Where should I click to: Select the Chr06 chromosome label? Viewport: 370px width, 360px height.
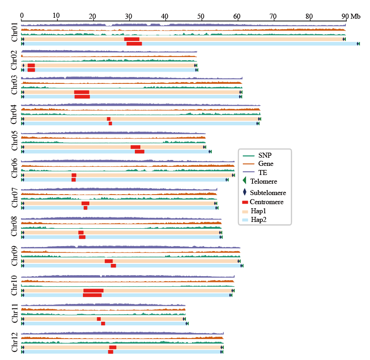pos(14,168)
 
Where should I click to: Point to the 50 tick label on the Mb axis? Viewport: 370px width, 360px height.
pos(201,16)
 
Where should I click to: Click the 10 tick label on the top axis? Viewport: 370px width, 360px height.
pos(56,16)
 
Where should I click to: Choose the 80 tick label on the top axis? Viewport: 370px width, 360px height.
pos(309,16)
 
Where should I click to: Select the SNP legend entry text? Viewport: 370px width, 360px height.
pos(265,155)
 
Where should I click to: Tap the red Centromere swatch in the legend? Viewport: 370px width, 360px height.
pos(245,202)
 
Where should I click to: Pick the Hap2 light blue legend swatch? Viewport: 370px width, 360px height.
pos(245,219)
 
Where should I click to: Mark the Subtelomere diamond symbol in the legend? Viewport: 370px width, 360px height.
pos(245,192)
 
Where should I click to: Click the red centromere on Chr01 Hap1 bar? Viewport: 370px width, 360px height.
pos(132,39)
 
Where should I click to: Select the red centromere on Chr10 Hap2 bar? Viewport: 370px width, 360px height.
pos(92,295)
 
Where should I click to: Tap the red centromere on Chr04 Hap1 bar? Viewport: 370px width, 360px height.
pos(108,119)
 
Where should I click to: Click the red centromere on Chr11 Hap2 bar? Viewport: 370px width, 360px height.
pos(103,324)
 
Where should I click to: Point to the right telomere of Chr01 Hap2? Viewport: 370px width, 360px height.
pos(358,44)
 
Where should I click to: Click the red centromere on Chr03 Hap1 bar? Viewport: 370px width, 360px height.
pos(82,92)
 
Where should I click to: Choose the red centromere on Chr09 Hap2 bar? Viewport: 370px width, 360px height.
pos(113,266)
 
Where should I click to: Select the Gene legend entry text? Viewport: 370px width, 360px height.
pos(266,164)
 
